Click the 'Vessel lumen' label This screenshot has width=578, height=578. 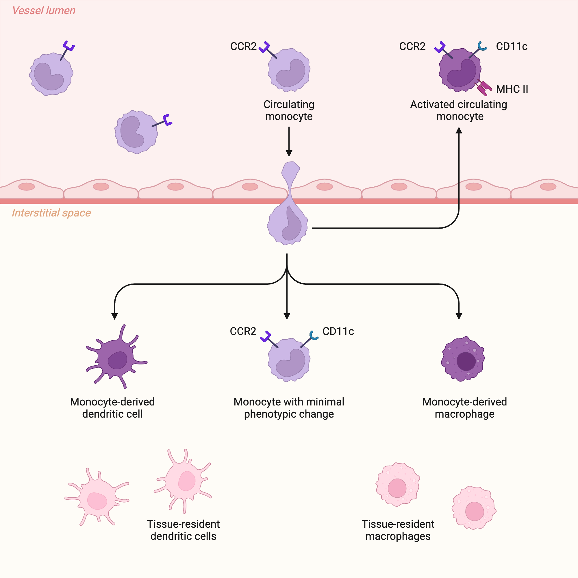[x=44, y=11]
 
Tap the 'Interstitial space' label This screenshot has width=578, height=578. [x=51, y=213]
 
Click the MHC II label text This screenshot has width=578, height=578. [x=512, y=89]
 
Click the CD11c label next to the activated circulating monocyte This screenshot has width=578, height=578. [x=512, y=46]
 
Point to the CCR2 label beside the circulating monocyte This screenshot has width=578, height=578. [x=243, y=46]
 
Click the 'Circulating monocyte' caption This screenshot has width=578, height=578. [x=289, y=110]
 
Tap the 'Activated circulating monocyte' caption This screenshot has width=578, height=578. [x=459, y=110]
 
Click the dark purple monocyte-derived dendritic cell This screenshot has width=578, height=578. [x=117, y=357]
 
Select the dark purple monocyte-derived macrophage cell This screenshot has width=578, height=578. [x=463, y=359]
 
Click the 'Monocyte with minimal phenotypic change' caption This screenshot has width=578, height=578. [x=289, y=408]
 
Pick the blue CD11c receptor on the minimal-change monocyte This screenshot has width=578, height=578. [x=313, y=336]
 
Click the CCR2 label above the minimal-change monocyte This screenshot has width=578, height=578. [x=243, y=331]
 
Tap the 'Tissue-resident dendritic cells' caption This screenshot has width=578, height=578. [x=184, y=530]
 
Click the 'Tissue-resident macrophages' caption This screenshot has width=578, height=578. [x=398, y=530]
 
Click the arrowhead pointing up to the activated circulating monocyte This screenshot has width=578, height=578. [x=459, y=131]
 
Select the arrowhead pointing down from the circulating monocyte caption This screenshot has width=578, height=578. [x=289, y=153]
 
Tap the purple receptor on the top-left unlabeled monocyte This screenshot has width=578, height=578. [x=69, y=46]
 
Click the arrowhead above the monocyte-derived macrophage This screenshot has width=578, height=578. [x=459, y=316]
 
